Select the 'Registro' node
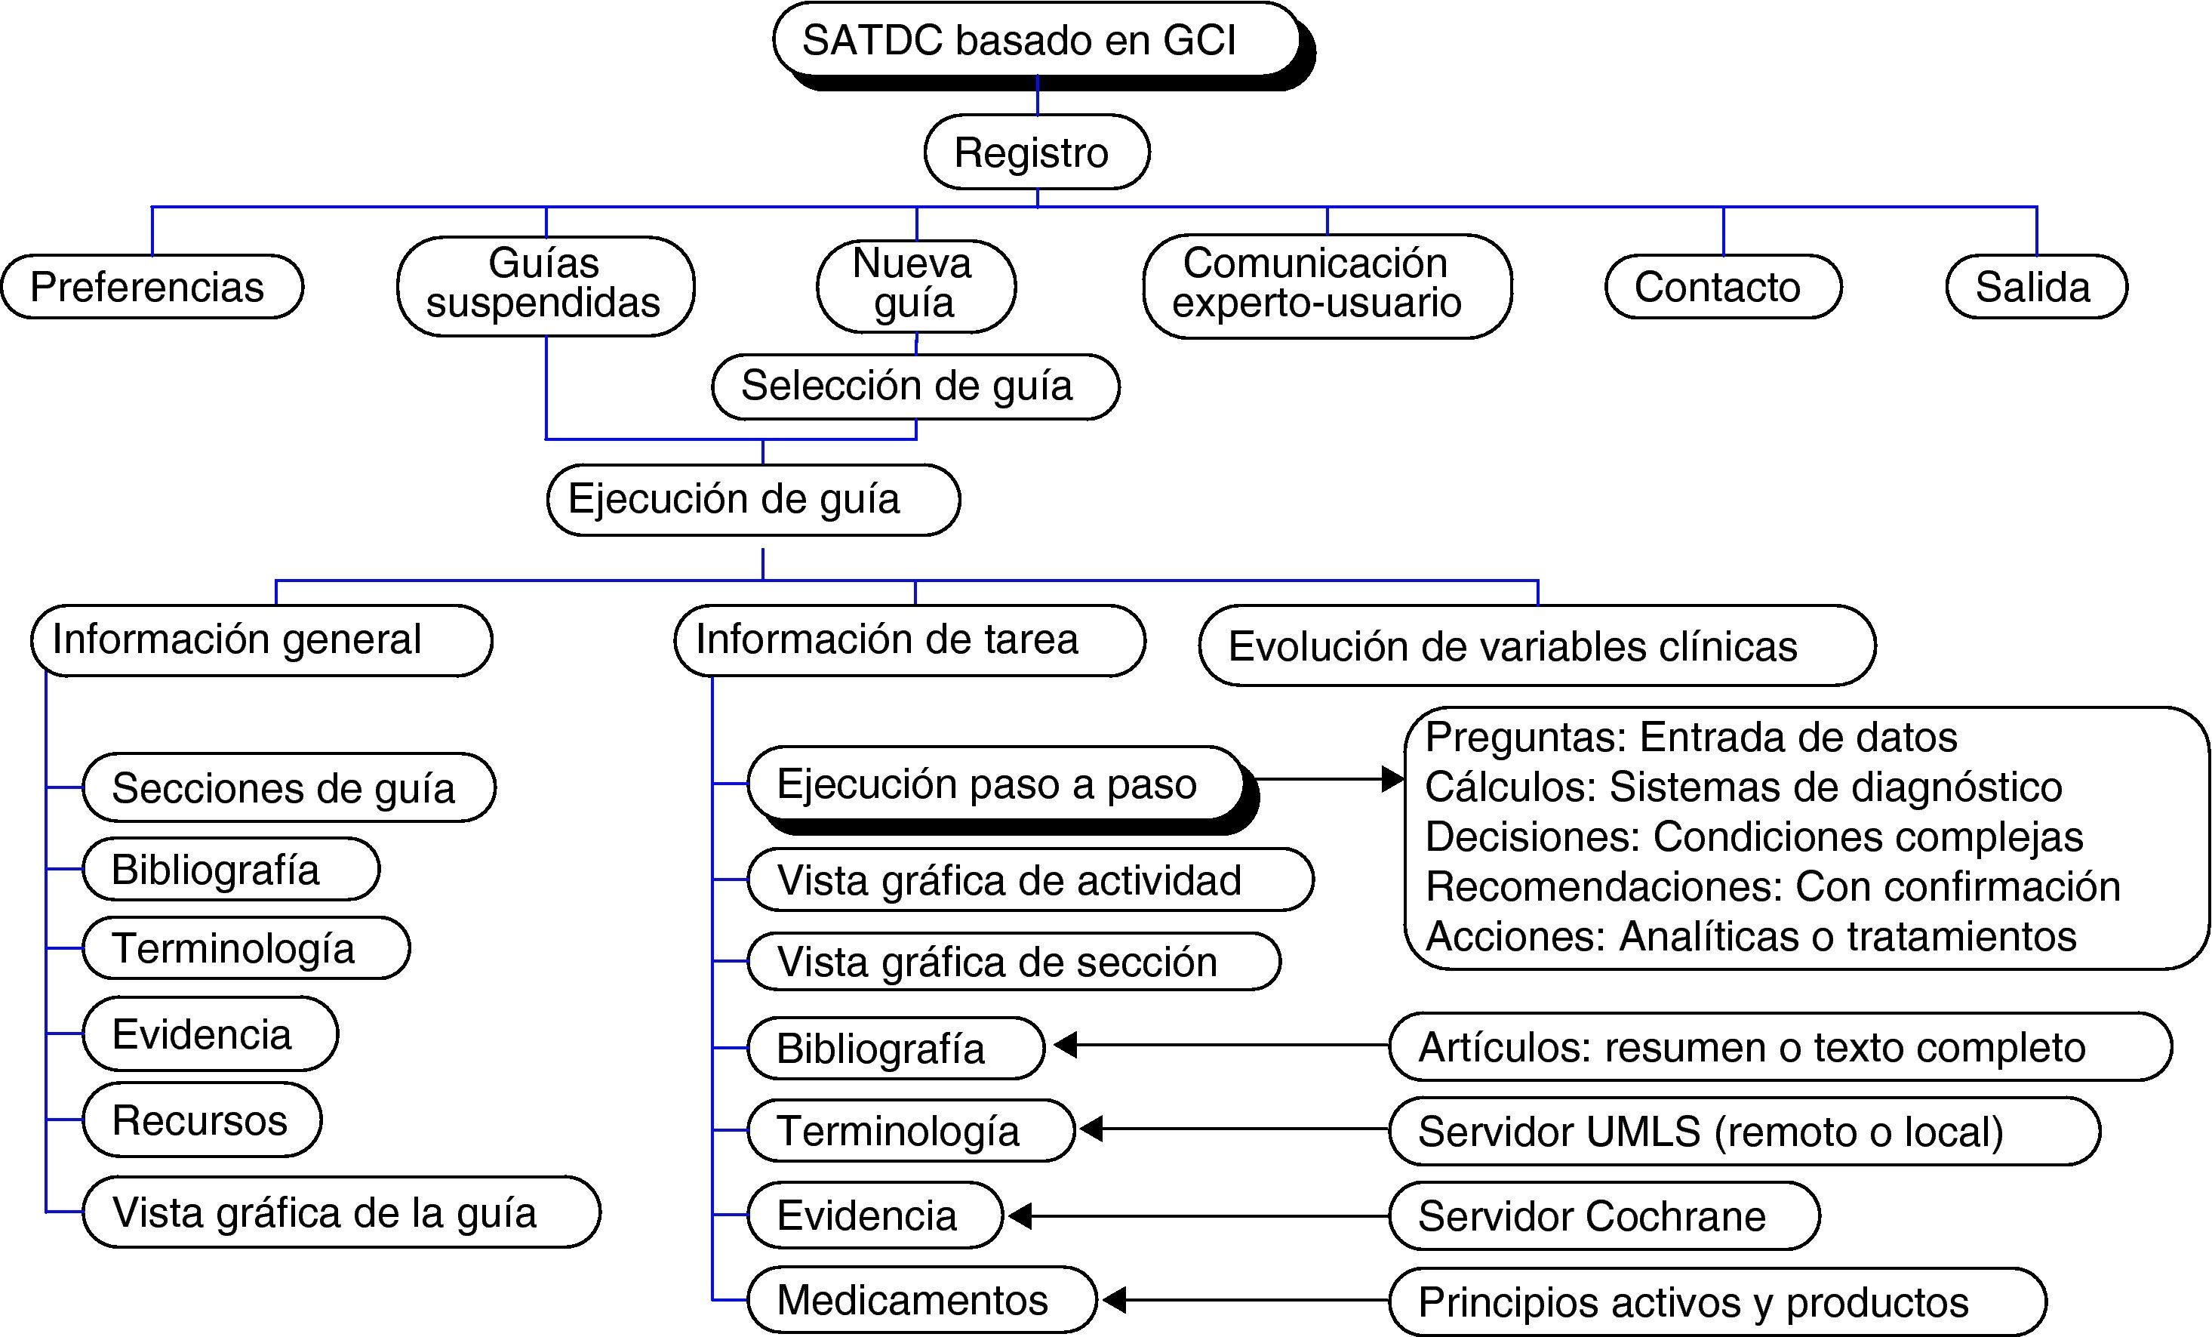[1036, 152]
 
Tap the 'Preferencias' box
[152, 286]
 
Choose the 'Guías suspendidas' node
[545, 285]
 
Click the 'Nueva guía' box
[915, 285]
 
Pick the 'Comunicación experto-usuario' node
[1326, 285]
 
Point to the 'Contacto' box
[1722, 286]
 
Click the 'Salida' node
[2035, 286]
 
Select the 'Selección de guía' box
[915, 386]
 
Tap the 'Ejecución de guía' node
[752, 499]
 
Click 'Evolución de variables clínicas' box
[1536, 645]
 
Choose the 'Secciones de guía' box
[288, 787]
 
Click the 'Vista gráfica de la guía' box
[341, 1212]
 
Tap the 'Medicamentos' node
[921, 1299]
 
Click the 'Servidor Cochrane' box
[1603, 1215]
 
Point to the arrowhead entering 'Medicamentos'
[1113, 1299]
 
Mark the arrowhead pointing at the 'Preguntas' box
[1392, 778]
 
